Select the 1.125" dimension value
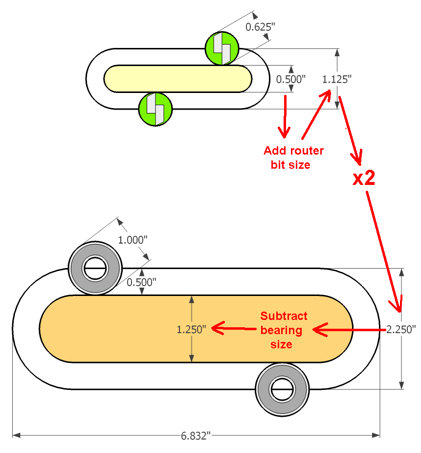(337, 79)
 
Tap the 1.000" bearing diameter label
(133, 240)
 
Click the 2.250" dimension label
(401, 329)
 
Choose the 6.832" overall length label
(196, 435)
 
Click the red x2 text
(364, 179)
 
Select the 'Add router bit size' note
(293, 158)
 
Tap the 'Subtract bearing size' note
(284, 330)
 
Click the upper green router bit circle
(222, 48)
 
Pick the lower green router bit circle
(155, 109)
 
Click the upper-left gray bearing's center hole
(95, 269)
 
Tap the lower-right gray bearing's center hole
(281, 389)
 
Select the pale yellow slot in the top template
(178, 79)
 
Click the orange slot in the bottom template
(196, 329)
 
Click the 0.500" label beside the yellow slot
(291, 79)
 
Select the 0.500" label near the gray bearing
(141, 282)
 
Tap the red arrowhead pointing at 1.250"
(217, 328)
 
